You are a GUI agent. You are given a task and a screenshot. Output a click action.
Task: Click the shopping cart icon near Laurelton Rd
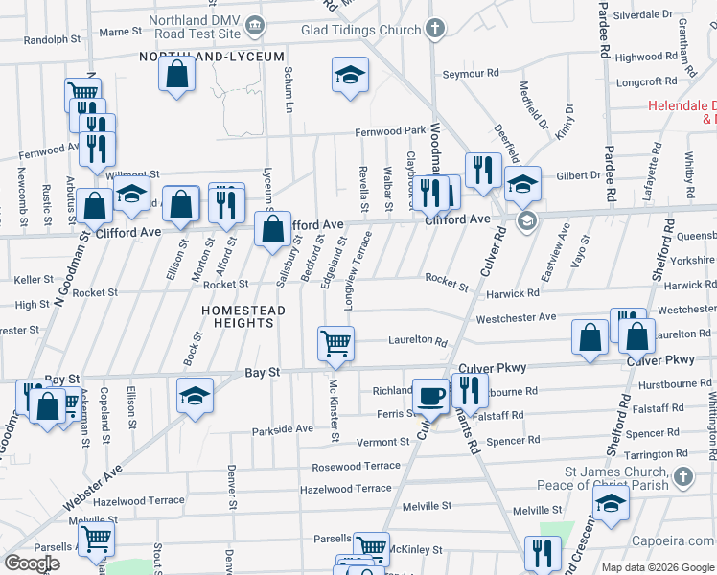pyautogui.click(x=335, y=344)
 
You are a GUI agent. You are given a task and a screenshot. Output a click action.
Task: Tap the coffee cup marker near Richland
pyautogui.click(x=430, y=396)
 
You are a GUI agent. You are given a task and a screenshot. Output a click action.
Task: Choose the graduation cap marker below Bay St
pyautogui.click(x=195, y=396)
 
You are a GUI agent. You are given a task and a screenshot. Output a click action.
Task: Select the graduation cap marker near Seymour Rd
pyautogui.click(x=350, y=75)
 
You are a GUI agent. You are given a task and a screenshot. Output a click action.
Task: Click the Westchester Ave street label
pyautogui.click(x=516, y=317)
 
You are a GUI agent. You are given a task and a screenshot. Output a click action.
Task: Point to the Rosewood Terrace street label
pyautogui.click(x=356, y=467)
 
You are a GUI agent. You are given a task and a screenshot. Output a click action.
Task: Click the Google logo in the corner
pyautogui.click(x=32, y=563)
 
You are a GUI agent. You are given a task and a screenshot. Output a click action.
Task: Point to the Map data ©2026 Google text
pyautogui.click(x=657, y=567)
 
